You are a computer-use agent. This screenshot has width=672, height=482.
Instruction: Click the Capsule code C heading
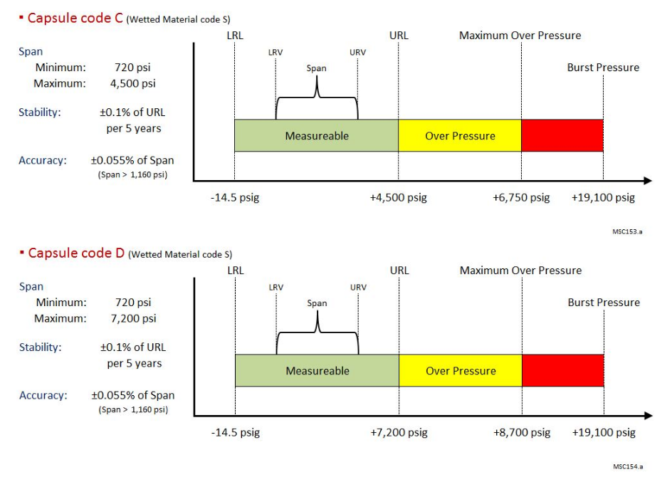click(75, 18)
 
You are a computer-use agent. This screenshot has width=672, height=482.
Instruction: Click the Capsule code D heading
click(76, 253)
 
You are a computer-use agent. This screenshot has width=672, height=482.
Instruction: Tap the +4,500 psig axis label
click(398, 197)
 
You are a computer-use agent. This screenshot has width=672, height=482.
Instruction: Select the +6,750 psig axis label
click(521, 197)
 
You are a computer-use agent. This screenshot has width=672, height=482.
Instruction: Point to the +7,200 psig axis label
click(399, 432)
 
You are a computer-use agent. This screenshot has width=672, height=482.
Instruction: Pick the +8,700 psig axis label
click(522, 432)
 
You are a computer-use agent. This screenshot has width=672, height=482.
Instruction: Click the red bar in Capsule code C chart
click(562, 135)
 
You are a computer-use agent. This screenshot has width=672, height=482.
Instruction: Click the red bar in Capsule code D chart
click(563, 370)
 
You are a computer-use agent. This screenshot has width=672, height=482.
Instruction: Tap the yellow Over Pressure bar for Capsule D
click(461, 370)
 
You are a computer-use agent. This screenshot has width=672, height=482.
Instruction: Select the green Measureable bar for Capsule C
click(316, 135)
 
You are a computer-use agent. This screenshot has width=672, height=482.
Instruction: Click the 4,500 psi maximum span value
click(133, 83)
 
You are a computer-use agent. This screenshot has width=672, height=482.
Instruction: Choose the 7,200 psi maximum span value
click(134, 318)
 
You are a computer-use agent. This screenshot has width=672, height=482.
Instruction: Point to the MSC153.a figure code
click(627, 232)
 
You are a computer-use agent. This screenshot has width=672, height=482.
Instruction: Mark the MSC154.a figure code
click(628, 466)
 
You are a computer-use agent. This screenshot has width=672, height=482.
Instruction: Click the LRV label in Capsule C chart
click(275, 52)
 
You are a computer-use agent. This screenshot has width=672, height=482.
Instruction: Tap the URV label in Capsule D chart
click(358, 287)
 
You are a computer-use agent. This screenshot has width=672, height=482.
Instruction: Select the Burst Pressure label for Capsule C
click(603, 67)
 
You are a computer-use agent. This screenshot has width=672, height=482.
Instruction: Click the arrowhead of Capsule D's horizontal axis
click(648, 416)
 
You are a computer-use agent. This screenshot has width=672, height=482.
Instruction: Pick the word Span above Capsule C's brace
click(316, 68)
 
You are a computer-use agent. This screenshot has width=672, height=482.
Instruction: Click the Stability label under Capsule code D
click(41, 347)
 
